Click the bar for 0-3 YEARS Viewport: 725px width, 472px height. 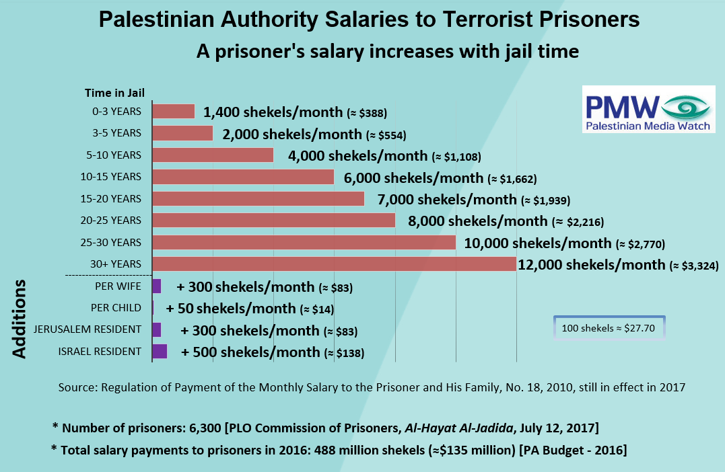coord(174,112)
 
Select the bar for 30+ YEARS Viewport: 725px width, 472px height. coord(335,264)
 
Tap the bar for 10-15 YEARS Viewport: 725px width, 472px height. coord(243,177)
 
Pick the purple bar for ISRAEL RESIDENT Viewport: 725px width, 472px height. coord(160,352)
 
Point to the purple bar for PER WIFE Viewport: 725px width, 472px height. coord(157,286)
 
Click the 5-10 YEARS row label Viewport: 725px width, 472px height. coord(117,155)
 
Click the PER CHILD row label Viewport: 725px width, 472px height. coord(116,308)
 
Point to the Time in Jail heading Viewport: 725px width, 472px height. coord(114,93)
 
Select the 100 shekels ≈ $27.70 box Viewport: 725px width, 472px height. coord(609,328)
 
